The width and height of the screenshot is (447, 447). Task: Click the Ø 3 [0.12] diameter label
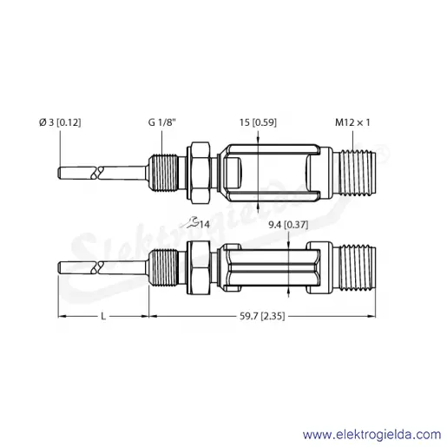point(60,122)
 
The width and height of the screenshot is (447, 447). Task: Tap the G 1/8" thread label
point(162,122)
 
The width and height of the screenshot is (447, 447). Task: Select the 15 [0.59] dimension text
point(258,122)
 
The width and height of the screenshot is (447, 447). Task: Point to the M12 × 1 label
point(352,122)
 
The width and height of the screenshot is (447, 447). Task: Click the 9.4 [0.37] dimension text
point(288,225)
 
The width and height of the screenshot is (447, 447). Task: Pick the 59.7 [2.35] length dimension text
point(262,316)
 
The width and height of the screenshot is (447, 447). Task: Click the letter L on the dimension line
point(103,316)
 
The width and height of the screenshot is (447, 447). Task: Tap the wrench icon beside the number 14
point(190,223)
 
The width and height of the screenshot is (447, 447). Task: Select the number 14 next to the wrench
point(205,225)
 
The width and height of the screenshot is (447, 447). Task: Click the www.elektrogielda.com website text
point(372,435)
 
